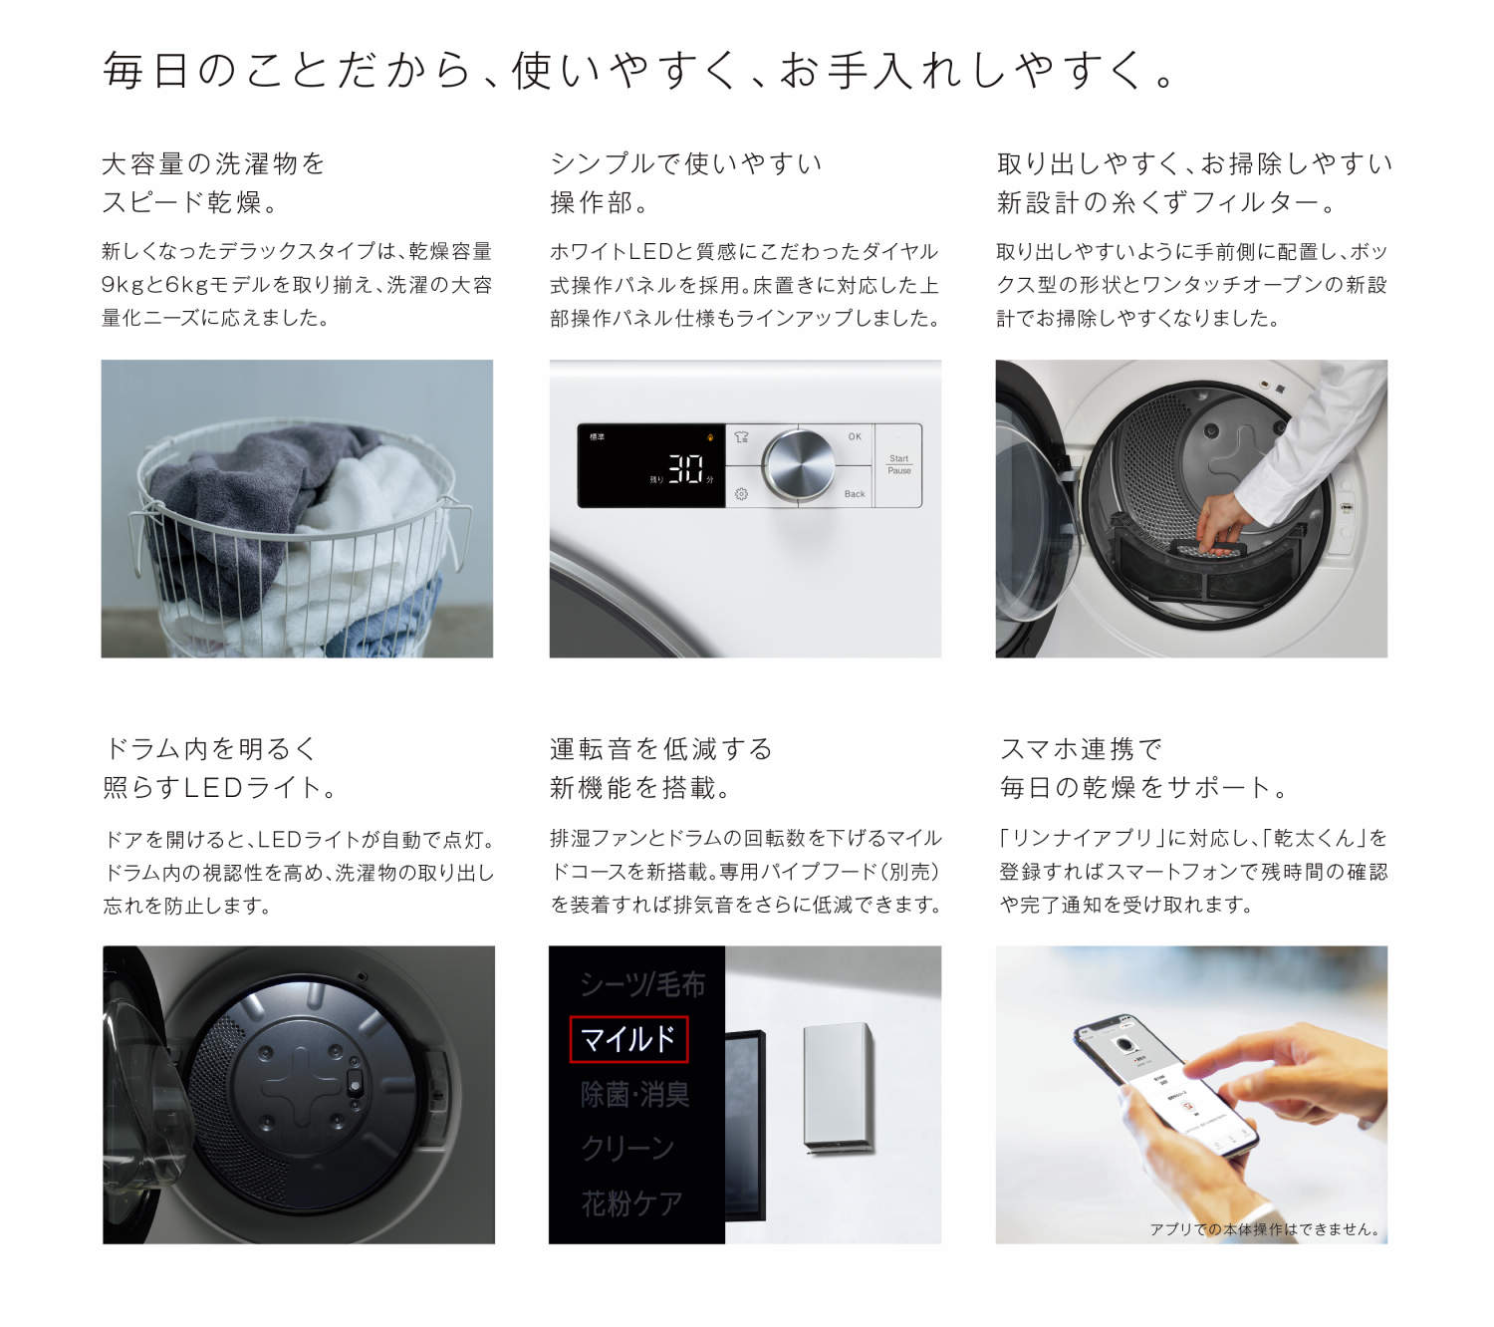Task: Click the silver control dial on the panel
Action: [x=799, y=465]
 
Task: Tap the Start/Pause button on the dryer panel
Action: [x=898, y=465]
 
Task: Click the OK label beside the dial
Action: [x=855, y=436]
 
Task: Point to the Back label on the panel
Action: [x=855, y=494]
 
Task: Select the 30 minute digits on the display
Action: [x=685, y=468]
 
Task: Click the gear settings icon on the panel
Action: [x=741, y=494]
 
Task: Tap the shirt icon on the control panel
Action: [x=741, y=437]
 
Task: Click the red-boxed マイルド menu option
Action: [x=628, y=1040]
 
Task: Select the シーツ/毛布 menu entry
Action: [x=642, y=985]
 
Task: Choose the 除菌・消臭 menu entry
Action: [x=635, y=1095]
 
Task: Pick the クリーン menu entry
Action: [x=627, y=1149]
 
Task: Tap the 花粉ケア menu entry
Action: [x=631, y=1203]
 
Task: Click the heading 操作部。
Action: [x=600, y=203]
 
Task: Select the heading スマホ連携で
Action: [x=1081, y=749]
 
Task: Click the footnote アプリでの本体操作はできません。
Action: [x=1266, y=1229]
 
